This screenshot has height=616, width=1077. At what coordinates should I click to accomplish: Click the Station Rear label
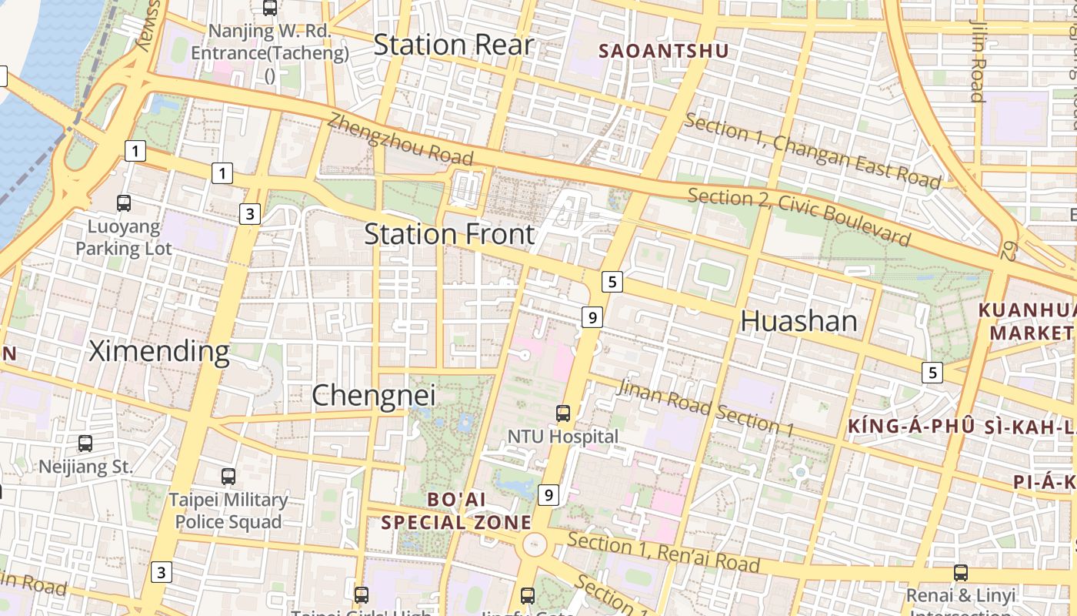(x=453, y=45)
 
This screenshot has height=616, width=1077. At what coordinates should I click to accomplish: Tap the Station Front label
(x=449, y=234)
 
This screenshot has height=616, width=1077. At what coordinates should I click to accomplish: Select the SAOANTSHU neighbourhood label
(x=663, y=52)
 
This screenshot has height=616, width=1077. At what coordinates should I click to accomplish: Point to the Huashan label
(x=799, y=321)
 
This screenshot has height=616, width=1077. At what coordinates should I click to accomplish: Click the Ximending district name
(x=159, y=351)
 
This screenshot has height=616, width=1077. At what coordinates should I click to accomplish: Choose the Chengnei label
(x=373, y=396)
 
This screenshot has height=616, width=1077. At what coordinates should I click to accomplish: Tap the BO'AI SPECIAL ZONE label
(x=456, y=511)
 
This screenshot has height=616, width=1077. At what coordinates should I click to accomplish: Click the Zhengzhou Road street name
(x=400, y=139)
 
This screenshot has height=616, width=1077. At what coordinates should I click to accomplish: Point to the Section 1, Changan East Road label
(x=812, y=151)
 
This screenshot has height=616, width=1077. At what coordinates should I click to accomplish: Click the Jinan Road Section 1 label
(x=705, y=408)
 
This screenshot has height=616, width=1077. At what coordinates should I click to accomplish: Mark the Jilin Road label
(x=978, y=62)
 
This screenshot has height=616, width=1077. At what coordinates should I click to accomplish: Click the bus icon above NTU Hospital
(x=563, y=413)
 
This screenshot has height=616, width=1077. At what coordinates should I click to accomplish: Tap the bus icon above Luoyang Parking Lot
(x=123, y=203)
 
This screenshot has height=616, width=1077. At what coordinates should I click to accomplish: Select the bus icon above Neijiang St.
(x=85, y=444)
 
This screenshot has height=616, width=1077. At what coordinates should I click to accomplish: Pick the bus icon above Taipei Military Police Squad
(x=228, y=477)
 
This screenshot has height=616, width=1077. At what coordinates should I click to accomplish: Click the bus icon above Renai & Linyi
(x=960, y=573)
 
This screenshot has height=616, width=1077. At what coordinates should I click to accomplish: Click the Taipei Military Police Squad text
(x=228, y=511)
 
